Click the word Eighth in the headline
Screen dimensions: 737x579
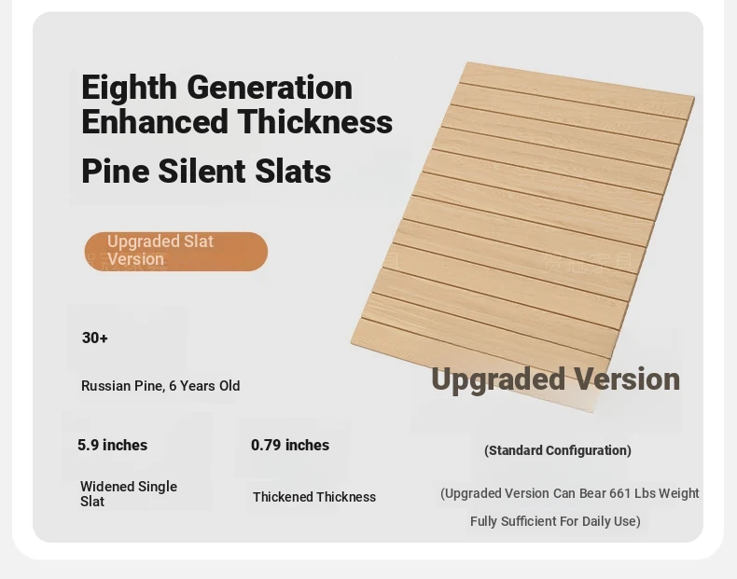click(x=129, y=88)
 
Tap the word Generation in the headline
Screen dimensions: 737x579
click(x=270, y=88)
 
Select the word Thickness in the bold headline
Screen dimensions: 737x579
click(x=315, y=121)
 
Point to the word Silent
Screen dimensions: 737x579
click(x=202, y=171)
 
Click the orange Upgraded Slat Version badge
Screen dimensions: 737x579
click(x=176, y=251)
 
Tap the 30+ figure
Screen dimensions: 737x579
click(x=95, y=338)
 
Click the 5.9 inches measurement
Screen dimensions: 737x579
click(x=112, y=445)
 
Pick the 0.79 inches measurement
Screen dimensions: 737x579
click(x=290, y=445)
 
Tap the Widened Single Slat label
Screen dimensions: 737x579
click(x=129, y=493)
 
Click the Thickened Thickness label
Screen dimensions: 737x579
click(x=314, y=497)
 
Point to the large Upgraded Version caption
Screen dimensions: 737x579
click(x=556, y=379)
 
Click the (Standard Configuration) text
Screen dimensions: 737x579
click(x=558, y=450)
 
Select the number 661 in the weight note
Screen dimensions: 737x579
click(x=620, y=493)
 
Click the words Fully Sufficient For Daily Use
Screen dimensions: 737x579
click(x=555, y=521)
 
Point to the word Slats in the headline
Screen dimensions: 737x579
click(x=293, y=171)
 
